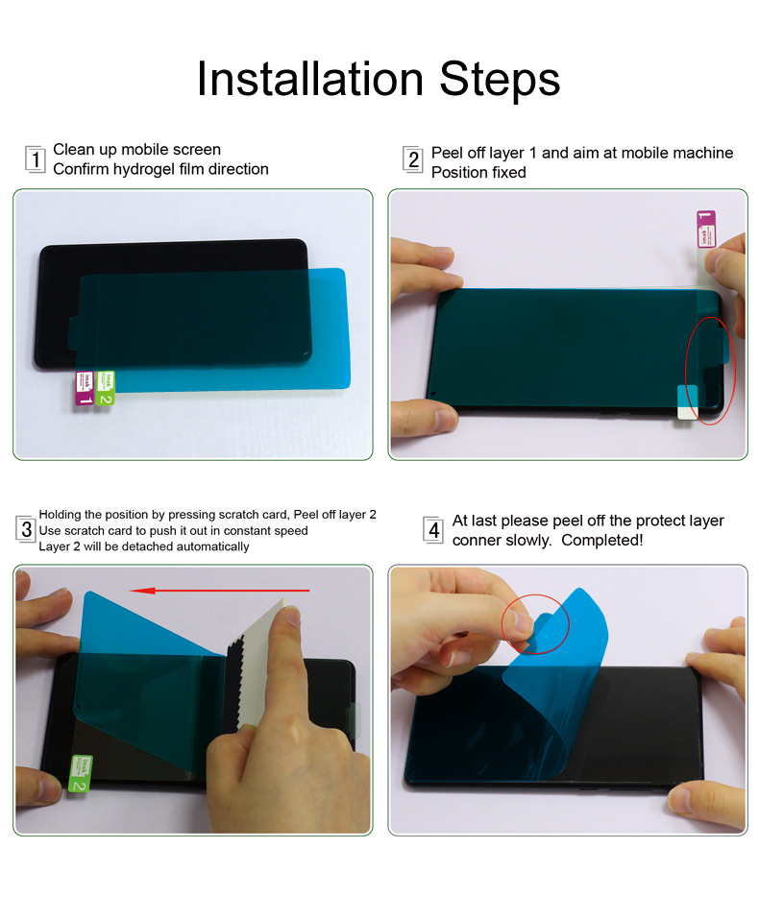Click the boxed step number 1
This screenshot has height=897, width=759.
(x=36, y=159)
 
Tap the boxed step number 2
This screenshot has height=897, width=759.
(x=413, y=160)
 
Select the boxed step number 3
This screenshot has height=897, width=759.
(x=27, y=529)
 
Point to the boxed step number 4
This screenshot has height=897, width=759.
(x=434, y=529)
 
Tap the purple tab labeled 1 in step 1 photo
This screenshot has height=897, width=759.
(x=86, y=389)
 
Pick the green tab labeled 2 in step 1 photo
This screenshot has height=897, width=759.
(x=106, y=386)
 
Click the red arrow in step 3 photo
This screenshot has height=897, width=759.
(x=220, y=590)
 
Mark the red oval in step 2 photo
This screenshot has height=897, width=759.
(x=710, y=370)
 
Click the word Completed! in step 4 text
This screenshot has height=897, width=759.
(x=602, y=540)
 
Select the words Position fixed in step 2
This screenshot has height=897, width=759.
(x=478, y=173)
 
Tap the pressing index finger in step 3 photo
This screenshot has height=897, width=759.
(x=284, y=653)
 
